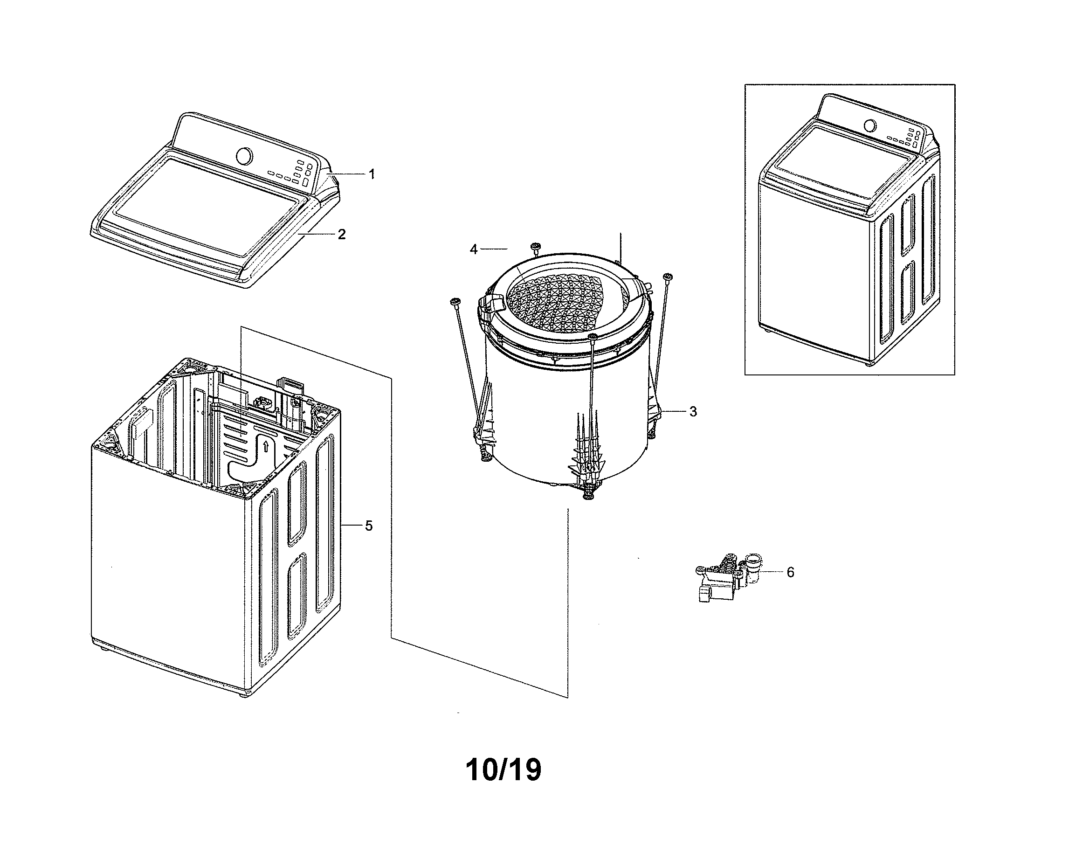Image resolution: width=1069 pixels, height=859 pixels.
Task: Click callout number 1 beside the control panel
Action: (372, 174)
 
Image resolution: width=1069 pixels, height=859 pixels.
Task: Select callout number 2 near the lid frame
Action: (342, 234)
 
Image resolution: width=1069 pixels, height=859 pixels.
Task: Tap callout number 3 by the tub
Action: (693, 411)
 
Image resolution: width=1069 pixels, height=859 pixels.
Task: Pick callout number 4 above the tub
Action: (474, 249)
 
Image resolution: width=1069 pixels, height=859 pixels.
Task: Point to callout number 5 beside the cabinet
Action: (368, 526)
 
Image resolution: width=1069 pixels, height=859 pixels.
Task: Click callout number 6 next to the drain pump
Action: (790, 572)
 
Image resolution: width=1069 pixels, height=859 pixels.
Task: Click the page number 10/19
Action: (503, 770)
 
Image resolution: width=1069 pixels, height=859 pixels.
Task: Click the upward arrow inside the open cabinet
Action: (266, 446)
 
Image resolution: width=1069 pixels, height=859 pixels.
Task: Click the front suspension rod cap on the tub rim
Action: (592, 337)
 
